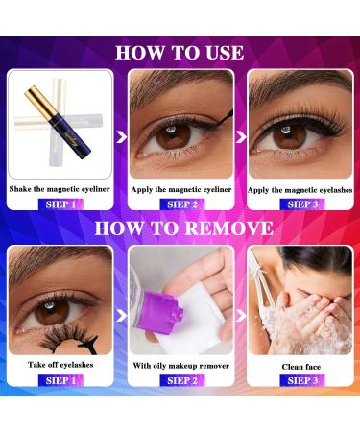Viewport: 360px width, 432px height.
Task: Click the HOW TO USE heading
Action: click(x=180, y=52)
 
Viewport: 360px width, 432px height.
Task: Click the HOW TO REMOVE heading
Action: click(x=180, y=228)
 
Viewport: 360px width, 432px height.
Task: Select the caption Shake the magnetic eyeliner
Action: click(x=60, y=189)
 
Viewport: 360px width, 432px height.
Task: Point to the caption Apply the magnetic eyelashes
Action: click(x=300, y=189)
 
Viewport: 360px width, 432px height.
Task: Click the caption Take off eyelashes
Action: click(x=60, y=366)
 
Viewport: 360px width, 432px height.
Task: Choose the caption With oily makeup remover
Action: click(x=180, y=366)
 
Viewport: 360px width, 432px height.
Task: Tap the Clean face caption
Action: click(x=300, y=366)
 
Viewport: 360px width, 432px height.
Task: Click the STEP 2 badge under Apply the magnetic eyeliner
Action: click(x=180, y=204)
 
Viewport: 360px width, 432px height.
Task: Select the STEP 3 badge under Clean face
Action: click(x=300, y=381)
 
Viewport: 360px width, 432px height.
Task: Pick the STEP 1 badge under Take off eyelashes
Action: click(x=60, y=381)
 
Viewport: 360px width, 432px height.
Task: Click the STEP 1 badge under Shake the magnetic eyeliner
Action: click(x=60, y=204)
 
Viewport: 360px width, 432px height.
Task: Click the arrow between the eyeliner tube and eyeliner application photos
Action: click(x=122, y=137)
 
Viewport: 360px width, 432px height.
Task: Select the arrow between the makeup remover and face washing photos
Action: click(x=241, y=314)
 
